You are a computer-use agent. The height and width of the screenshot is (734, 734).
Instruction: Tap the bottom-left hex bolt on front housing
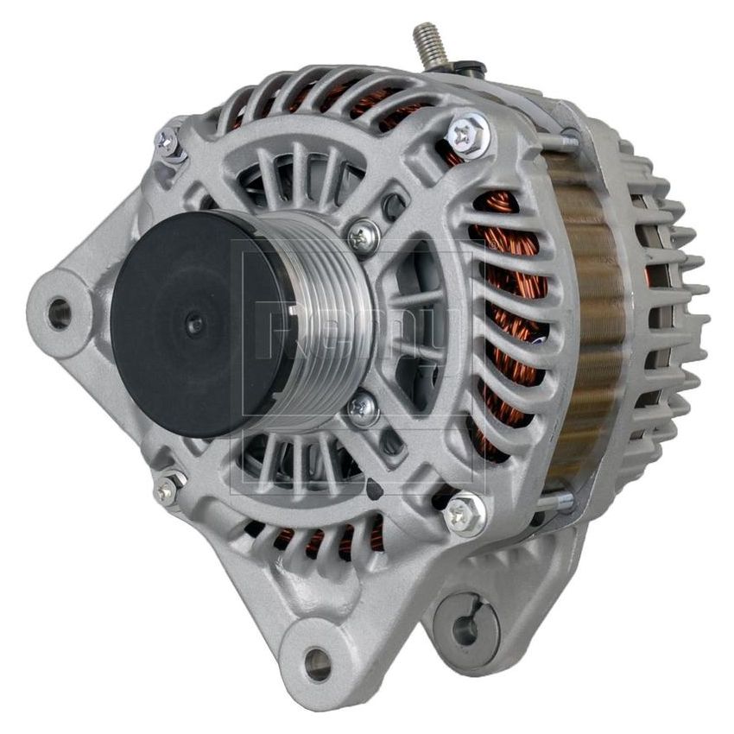167,489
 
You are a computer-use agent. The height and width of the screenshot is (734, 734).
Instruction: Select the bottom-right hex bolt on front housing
464,515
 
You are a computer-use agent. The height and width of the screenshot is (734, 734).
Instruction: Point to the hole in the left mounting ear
59,313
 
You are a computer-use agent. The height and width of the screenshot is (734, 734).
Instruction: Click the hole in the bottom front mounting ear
317,662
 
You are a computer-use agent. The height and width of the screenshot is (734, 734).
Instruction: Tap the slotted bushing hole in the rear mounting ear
466,630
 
